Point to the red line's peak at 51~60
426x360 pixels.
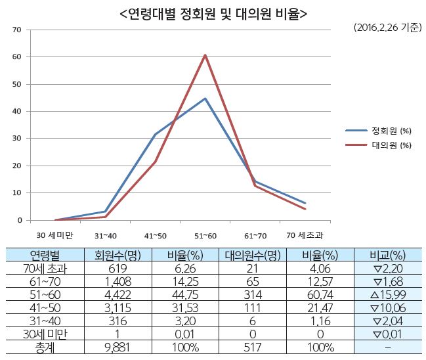click(205, 55)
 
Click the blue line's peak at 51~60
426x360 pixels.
click(205, 99)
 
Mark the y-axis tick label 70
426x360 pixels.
click(18, 30)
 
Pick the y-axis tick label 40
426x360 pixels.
click(18, 111)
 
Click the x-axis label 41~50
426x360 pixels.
click(156, 235)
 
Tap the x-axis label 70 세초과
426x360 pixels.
click(305, 235)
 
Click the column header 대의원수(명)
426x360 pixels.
click(253, 254)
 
